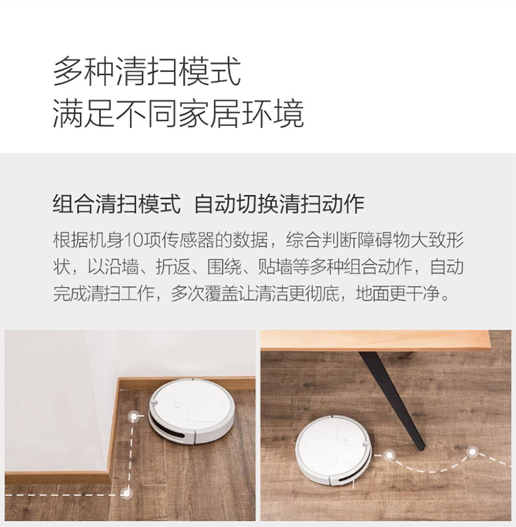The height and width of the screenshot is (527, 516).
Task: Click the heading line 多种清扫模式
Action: coord(147,72)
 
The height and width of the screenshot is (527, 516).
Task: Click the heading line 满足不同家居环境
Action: coord(178,113)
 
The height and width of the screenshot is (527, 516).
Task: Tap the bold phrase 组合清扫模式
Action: coord(117,204)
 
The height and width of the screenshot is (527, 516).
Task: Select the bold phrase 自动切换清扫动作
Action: coord(279,204)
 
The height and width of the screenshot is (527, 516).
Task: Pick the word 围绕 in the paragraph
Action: coord(224,267)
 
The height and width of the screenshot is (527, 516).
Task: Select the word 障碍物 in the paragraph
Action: coord(383,240)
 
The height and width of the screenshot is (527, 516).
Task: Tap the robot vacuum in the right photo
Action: coord(334,451)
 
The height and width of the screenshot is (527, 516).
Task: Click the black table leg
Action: coord(392,400)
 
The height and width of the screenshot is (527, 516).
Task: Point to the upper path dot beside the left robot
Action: coord(134,417)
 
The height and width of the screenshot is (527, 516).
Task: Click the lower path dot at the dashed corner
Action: coord(126,493)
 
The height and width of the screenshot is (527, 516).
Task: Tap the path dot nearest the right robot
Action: coord(389,455)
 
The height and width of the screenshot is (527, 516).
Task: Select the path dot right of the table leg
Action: coord(472,452)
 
